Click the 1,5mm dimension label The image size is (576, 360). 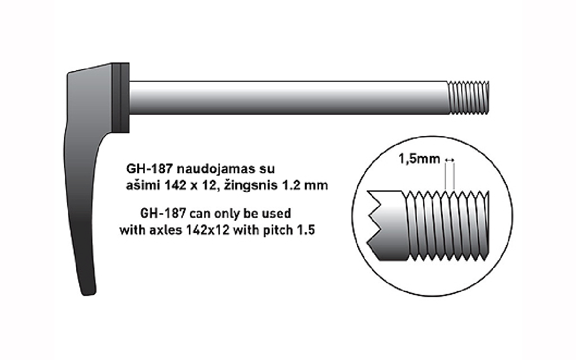419,159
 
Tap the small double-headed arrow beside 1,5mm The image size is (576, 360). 449,160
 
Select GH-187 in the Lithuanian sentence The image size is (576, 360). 149,169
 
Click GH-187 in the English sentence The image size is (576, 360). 164,213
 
